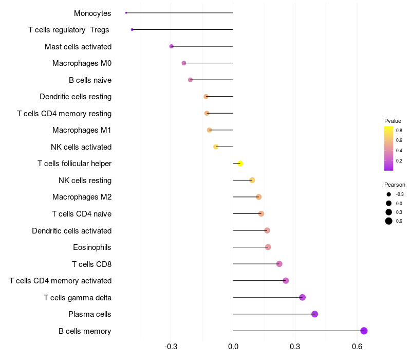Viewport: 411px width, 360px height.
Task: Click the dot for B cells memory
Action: [364, 331]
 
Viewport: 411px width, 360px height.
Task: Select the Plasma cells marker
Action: [314, 314]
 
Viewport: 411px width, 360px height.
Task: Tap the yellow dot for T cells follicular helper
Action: [240, 164]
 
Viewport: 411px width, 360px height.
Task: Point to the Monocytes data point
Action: [126, 13]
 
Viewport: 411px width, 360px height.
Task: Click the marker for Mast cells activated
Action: [172, 46]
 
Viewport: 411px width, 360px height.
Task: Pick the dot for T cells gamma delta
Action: [302, 297]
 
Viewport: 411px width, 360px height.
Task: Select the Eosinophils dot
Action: [268, 247]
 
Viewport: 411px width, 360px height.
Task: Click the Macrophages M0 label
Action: [82, 63]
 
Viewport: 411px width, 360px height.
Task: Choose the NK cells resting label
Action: [85, 181]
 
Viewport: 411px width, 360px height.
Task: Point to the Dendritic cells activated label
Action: [71, 231]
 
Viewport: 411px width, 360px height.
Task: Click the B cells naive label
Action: [90, 80]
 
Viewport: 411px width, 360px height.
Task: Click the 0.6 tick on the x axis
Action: [357, 347]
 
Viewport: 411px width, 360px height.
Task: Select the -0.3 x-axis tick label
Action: [171, 347]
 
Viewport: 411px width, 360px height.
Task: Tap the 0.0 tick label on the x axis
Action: [233, 347]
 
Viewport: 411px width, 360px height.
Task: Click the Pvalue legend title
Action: [393, 121]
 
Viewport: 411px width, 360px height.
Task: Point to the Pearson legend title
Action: [395, 185]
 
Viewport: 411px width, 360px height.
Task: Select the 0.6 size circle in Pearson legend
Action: [389, 221]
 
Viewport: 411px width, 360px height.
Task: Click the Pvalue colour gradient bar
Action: [388, 148]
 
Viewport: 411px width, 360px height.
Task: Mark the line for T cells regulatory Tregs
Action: [182, 30]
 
